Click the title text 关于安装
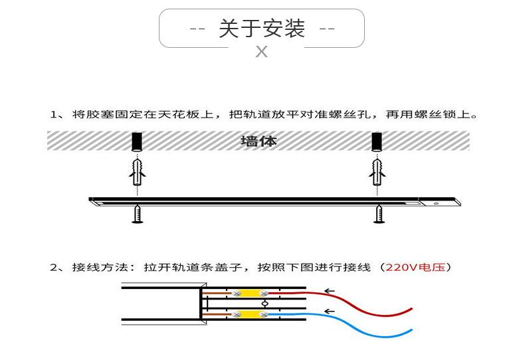262,29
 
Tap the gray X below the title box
262,52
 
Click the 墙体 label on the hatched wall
259,141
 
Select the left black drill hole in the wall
137,141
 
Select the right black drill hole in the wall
377,141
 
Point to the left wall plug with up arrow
138,172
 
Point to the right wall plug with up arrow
377,172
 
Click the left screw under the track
138,214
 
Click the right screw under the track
378,214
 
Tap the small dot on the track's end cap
437,203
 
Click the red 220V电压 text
415,267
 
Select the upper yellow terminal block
251,294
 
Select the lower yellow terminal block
251,314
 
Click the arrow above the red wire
329,291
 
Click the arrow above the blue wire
329,312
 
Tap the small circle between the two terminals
265,304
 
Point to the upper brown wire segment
217,294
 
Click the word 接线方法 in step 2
100,267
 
